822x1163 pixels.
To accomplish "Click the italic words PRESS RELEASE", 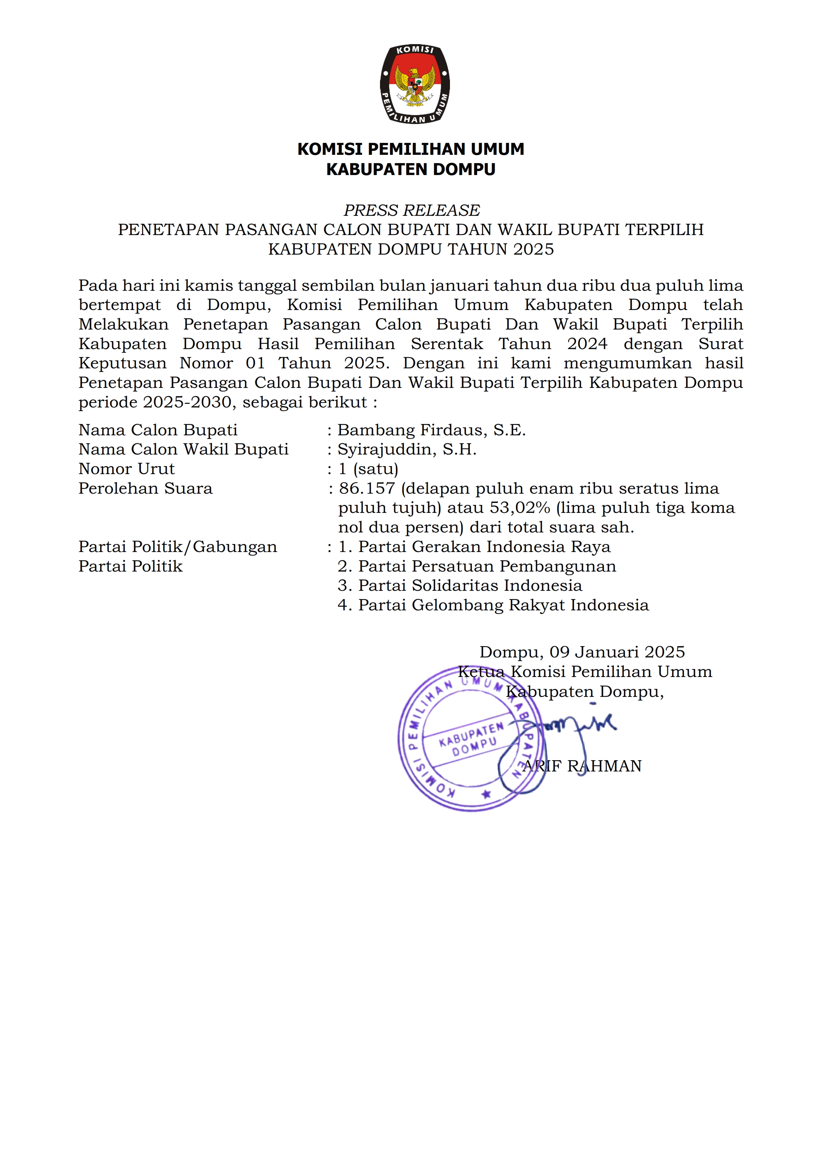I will click(411, 210).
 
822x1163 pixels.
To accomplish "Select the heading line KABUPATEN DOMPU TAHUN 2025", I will click(411, 249).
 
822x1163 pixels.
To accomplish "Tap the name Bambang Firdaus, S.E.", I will click(431, 430).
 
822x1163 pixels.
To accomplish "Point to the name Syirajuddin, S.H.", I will click(407, 449).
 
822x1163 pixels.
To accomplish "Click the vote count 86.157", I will click(367, 488).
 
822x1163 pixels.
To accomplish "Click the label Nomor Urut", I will click(127, 469).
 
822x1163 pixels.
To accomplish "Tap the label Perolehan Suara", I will click(145, 488).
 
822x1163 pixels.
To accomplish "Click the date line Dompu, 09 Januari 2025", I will click(582, 652).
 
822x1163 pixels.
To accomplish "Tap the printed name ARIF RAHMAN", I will click(582, 766).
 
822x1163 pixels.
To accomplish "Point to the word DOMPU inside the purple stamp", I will click(474, 747).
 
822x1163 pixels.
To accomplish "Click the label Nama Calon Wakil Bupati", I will click(183, 449).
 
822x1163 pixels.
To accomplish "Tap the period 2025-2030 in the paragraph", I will click(187, 402).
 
